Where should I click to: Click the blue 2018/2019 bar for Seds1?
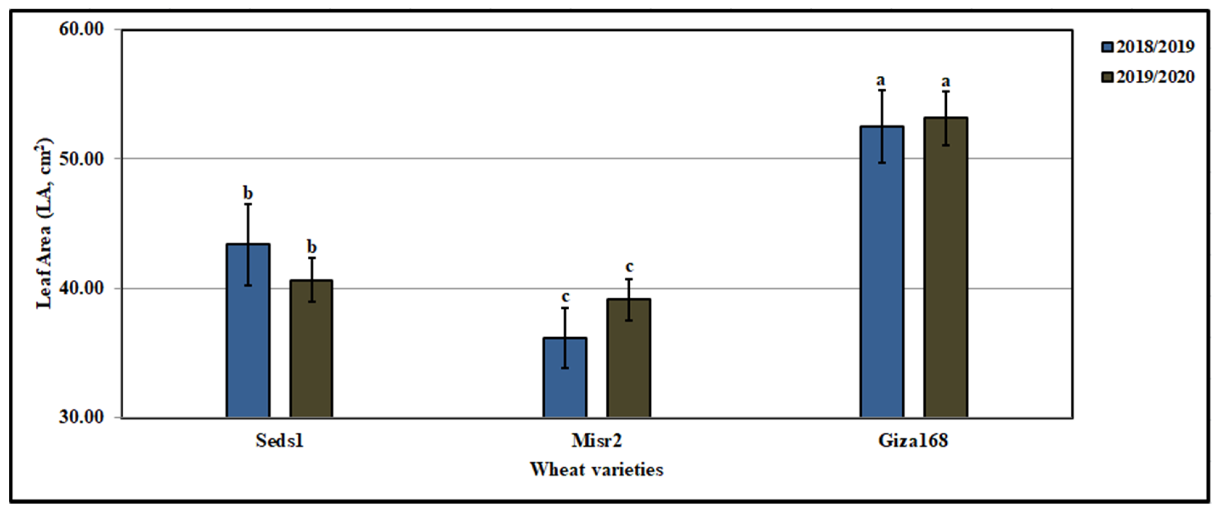coord(248,332)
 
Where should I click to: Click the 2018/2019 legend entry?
coord(1148,47)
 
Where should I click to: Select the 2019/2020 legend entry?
coord(1148,77)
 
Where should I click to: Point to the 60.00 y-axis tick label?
coord(81,29)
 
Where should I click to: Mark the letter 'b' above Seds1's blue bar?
coord(248,193)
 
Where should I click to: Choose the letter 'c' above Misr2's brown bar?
coord(629,267)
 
